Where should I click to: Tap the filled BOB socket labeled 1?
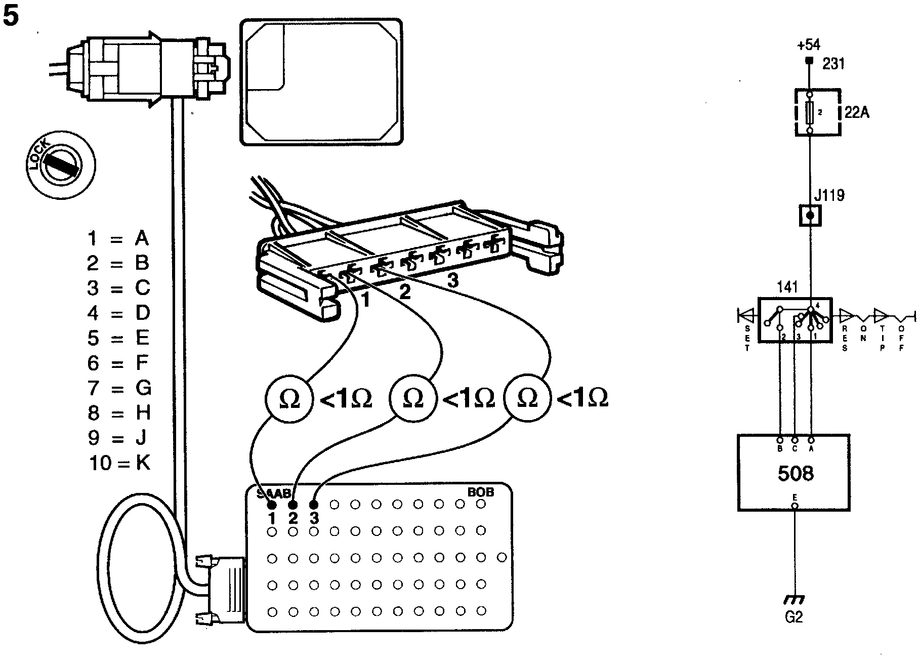(x=272, y=505)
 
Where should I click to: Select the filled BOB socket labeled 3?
(x=314, y=505)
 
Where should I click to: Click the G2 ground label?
(x=794, y=617)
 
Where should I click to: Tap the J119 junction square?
(x=810, y=216)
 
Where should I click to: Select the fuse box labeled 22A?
(x=818, y=112)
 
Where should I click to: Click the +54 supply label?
(x=808, y=46)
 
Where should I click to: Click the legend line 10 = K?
(x=119, y=463)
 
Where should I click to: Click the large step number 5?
(x=11, y=17)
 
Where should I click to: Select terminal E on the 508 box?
(x=795, y=505)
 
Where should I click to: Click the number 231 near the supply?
(x=833, y=64)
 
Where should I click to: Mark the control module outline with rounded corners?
(x=321, y=82)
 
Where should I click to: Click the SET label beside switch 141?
(x=747, y=337)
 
